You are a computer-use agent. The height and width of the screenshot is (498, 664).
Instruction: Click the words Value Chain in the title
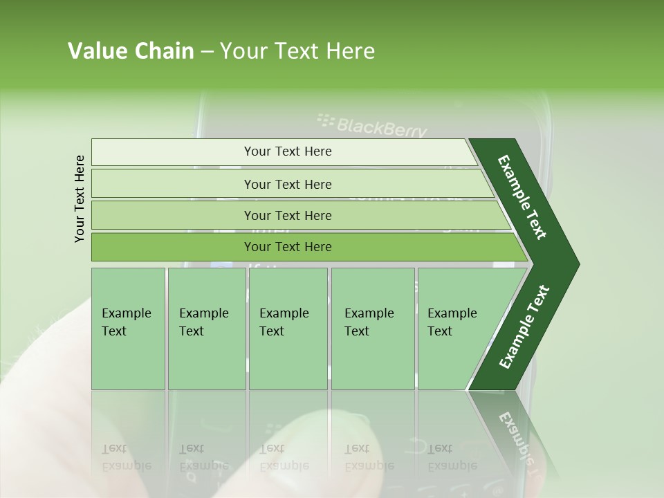(x=131, y=51)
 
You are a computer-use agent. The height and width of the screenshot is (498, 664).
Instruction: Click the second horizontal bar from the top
(x=288, y=184)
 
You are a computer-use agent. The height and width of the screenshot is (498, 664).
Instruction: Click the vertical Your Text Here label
(x=80, y=199)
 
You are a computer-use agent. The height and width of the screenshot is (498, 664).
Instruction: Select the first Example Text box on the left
(x=128, y=329)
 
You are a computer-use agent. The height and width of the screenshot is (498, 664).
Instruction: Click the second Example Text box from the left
(x=206, y=329)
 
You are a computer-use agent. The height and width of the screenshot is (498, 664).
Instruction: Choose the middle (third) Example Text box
(x=288, y=329)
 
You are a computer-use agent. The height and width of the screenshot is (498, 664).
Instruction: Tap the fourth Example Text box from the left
(x=373, y=329)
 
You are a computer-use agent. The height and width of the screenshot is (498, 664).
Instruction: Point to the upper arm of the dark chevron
(x=522, y=197)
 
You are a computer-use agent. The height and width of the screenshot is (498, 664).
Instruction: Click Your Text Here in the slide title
(x=297, y=51)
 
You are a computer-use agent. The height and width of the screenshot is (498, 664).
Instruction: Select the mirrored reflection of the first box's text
(x=126, y=457)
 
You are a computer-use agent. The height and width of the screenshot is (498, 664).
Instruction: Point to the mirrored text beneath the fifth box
(x=451, y=457)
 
